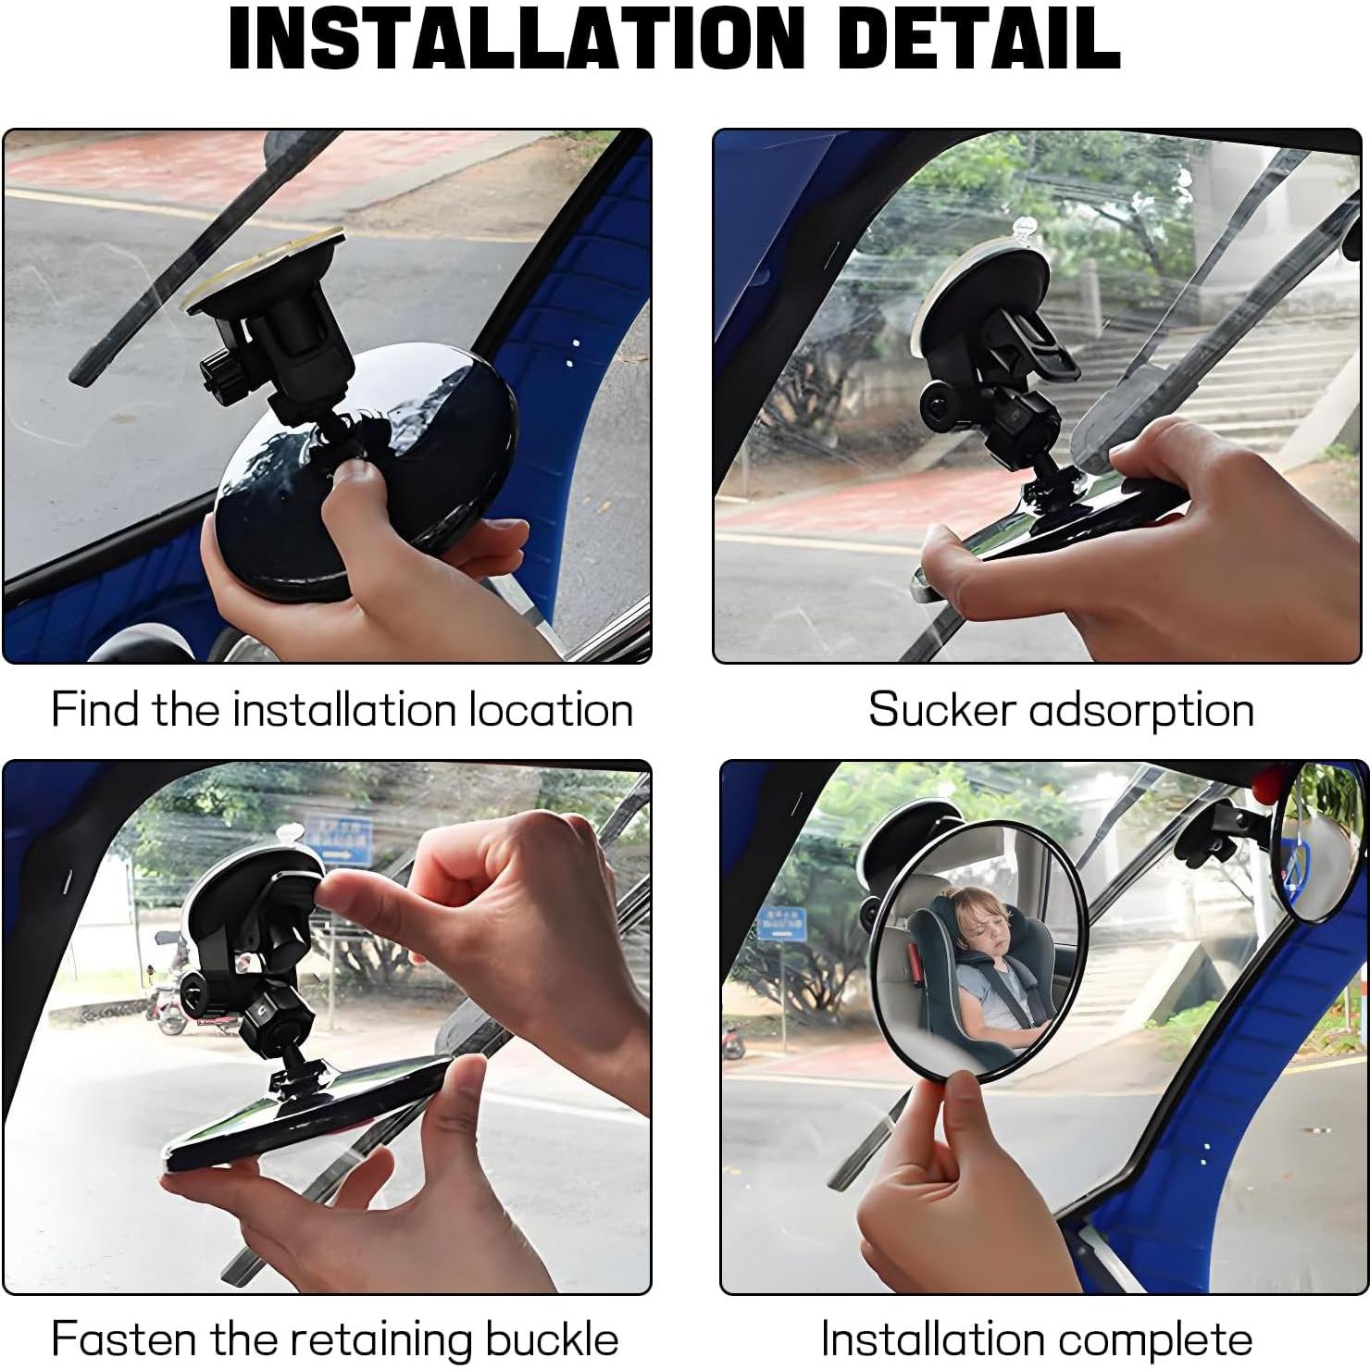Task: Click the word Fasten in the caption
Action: click(124, 1339)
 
